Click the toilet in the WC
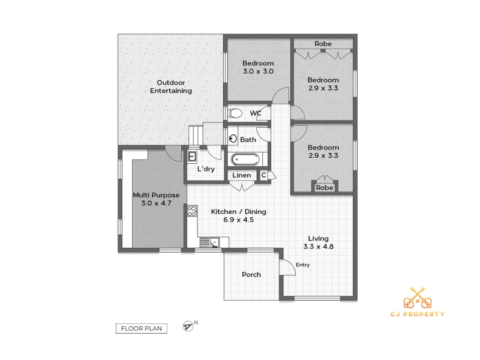coord(235,113)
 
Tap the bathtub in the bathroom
coord(245,160)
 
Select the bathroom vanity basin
coord(233,139)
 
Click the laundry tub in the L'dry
coord(192,157)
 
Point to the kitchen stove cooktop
coord(192,211)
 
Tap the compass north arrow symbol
coord(188,326)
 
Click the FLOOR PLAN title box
coord(142,328)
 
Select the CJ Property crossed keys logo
coord(418,298)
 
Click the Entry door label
coord(302,265)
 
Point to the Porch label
coord(251,275)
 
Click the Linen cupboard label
coord(242,175)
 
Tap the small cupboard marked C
coord(263,175)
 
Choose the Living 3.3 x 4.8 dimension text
coord(319,247)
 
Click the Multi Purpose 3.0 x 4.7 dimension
coord(156,203)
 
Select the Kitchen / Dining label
coord(238,212)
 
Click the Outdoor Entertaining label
coord(171,86)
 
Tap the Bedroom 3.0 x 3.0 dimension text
coord(258,71)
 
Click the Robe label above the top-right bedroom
coord(323,44)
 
